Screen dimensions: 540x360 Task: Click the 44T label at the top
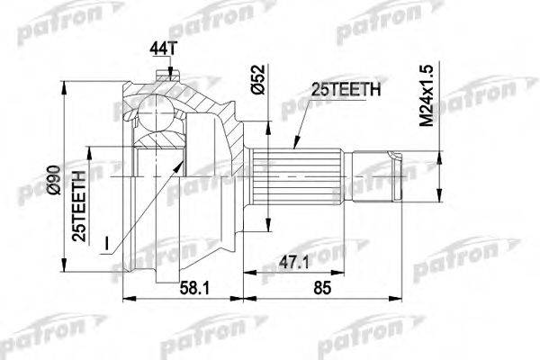pos(163,49)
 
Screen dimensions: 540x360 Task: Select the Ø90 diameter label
pos(54,181)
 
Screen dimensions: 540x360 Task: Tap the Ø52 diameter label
pos(258,79)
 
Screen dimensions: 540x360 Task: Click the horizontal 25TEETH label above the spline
pos(346,90)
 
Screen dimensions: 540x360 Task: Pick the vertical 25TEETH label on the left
pos(78,206)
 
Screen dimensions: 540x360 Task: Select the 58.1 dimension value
pos(194,288)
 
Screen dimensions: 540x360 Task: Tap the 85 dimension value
pos(322,288)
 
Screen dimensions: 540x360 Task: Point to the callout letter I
pos(107,244)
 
